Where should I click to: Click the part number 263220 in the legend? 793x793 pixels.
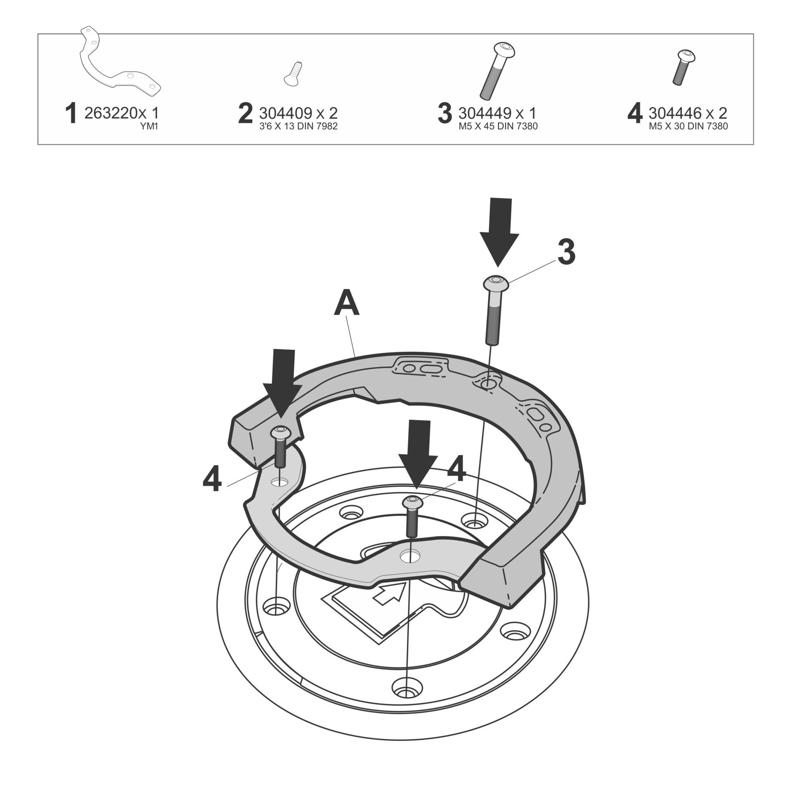click(108, 113)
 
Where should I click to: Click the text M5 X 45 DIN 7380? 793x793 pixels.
click(498, 127)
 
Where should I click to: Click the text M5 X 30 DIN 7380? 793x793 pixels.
click(688, 127)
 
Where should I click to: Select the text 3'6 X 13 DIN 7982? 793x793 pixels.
click(298, 127)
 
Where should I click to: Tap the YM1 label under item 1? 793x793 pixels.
click(150, 127)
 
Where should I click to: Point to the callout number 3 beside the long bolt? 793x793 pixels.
click(566, 253)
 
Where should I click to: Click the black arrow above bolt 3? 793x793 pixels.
click(499, 231)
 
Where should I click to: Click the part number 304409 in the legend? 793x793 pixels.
click(285, 113)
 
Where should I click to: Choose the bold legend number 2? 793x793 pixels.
click(245, 114)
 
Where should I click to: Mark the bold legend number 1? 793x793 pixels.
click(71, 114)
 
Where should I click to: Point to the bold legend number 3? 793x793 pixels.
click(444, 114)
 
